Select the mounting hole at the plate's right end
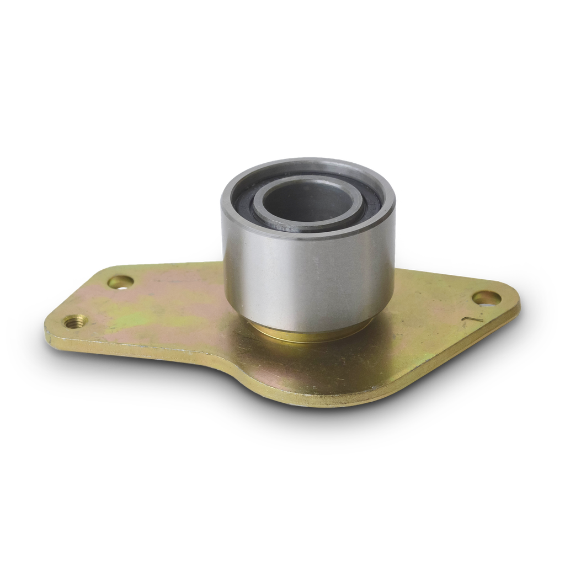click(487, 299)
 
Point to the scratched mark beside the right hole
click(472, 319)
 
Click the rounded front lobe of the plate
click(309, 386)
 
